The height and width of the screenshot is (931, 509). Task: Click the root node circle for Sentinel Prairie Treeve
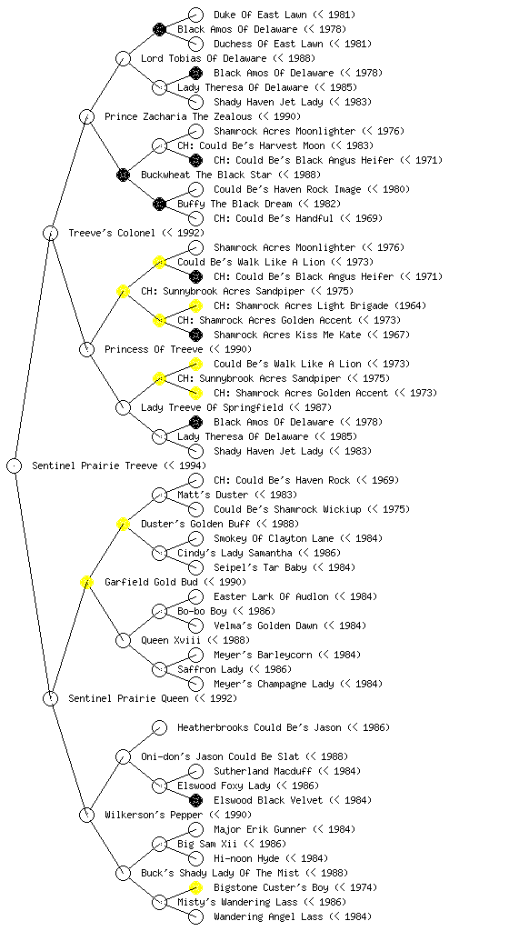(15, 465)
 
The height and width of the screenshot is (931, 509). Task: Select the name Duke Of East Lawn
(261, 15)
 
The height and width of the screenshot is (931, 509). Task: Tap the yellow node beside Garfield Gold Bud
(86, 582)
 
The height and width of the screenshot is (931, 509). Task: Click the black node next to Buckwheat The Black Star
(123, 175)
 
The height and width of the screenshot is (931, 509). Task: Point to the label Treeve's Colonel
(112, 233)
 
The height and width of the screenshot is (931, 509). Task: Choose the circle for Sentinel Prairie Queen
(50, 698)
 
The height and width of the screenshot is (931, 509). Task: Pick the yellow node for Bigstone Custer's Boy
(195, 887)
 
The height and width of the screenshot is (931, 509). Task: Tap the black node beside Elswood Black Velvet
(195, 800)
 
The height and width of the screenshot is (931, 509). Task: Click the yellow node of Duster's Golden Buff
(123, 524)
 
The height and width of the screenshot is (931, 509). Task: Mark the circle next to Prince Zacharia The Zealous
(86, 116)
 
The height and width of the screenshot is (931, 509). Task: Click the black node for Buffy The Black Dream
(159, 204)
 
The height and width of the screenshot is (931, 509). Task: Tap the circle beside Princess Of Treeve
(86, 349)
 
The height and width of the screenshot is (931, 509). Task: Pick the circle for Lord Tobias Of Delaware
(123, 58)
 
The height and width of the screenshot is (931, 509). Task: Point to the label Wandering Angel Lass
(268, 916)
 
